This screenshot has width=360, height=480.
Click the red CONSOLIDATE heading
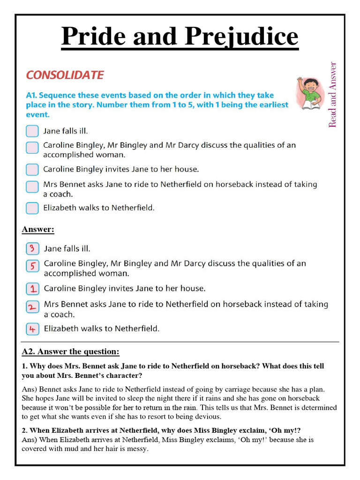tap(65, 75)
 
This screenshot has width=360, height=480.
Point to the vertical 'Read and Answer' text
tap(333, 95)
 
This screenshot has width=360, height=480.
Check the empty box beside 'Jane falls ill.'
tap(32, 131)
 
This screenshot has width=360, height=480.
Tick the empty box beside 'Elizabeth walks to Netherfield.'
tap(32, 207)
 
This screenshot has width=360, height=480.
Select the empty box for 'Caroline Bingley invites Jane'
tap(32, 169)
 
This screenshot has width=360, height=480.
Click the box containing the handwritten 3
tap(32, 248)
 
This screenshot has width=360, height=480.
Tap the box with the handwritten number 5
tap(32, 266)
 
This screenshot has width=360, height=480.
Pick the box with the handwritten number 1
tap(32, 288)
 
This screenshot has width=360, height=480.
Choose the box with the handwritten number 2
tap(32, 307)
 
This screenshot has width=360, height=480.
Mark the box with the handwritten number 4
tap(32, 329)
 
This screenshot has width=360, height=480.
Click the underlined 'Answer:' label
tap(38, 230)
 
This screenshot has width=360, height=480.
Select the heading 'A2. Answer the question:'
tap(70, 352)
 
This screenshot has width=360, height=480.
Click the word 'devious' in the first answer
tap(208, 416)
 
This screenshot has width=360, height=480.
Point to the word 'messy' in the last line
tap(137, 449)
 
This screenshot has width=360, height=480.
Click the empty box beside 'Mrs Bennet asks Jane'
tap(32, 187)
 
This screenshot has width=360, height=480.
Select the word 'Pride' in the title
tap(92, 37)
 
